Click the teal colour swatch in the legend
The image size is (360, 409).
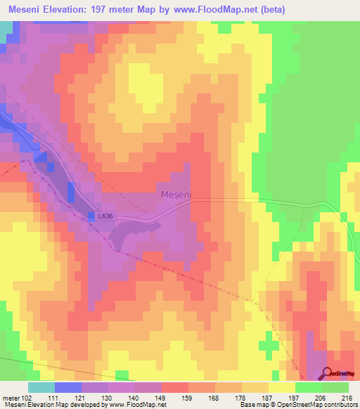[41, 387]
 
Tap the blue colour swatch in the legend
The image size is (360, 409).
[67, 387]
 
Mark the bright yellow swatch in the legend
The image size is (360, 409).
[281, 387]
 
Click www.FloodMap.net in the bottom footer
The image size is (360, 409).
[136, 405]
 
